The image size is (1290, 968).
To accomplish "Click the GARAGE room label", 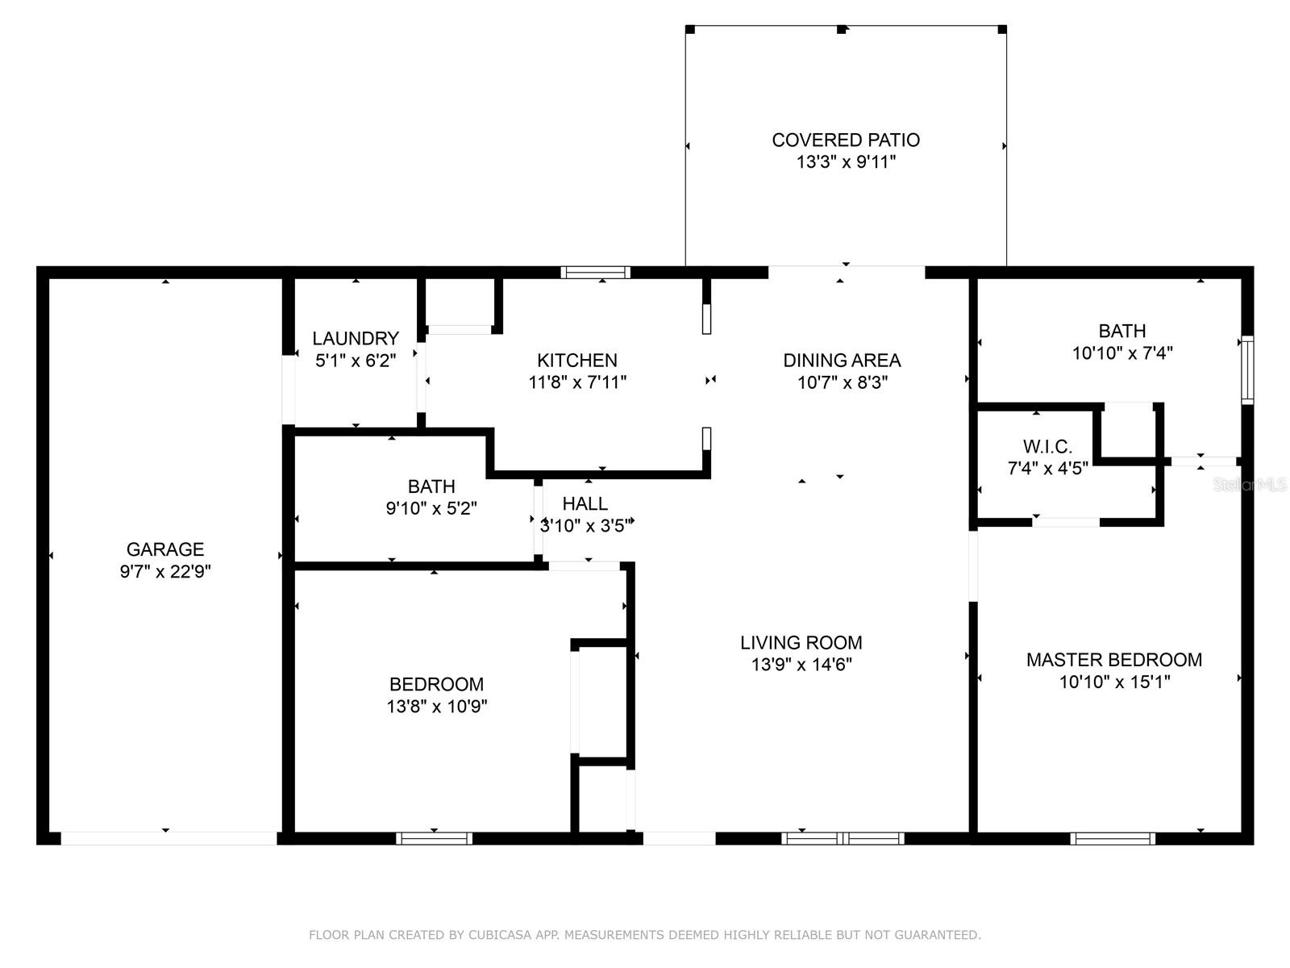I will [x=164, y=549].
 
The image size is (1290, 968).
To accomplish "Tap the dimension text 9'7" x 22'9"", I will [x=164, y=572].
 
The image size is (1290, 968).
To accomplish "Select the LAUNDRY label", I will [x=356, y=339].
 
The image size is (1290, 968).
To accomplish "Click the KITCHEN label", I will [x=577, y=361].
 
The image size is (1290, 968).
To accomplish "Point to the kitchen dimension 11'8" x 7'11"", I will [x=577, y=382].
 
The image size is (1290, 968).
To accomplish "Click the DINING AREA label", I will [x=842, y=361].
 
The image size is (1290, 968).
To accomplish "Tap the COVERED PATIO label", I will [x=846, y=140].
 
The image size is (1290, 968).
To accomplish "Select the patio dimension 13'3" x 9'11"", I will [x=846, y=162].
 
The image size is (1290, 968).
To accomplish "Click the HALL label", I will [x=585, y=504].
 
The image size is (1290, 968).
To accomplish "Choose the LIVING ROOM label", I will [x=801, y=643].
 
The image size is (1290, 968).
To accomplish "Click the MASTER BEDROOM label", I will [x=1113, y=660].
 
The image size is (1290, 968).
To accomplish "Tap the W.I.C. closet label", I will [x=1047, y=447].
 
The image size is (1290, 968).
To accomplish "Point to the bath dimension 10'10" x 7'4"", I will [x=1121, y=353].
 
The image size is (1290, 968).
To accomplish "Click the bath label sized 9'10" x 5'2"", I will [x=431, y=486].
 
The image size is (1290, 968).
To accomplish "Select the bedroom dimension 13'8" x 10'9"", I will [x=436, y=707].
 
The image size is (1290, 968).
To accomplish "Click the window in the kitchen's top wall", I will [x=596, y=272].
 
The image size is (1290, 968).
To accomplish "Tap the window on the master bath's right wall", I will [x=1246, y=370].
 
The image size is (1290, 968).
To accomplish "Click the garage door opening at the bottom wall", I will [x=169, y=839].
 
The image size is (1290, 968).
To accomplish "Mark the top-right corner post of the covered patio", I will [x=1002, y=30].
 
